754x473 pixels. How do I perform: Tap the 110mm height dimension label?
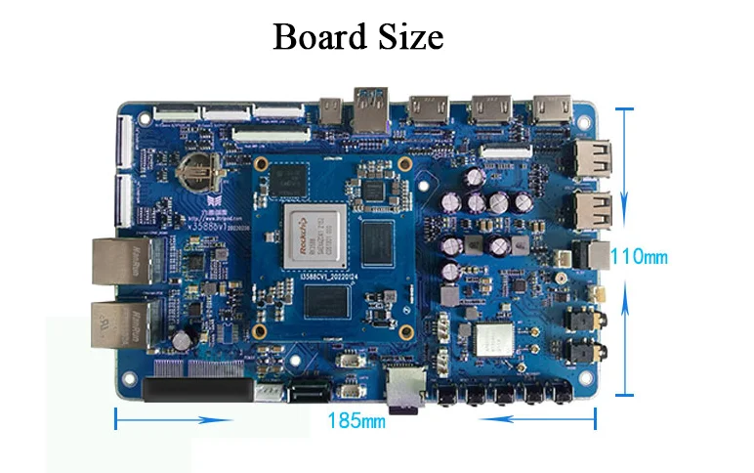point(639,257)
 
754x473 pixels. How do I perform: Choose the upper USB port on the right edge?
point(594,156)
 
